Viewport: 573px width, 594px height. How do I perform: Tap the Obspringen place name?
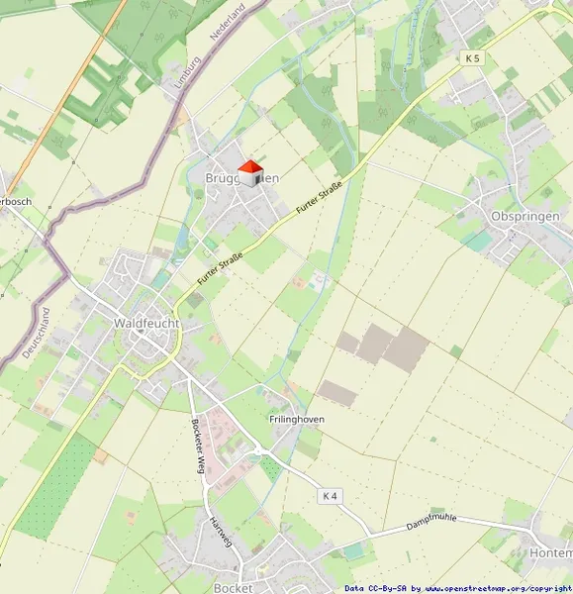(x=525, y=216)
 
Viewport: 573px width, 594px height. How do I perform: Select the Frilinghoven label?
(x=297, y=419)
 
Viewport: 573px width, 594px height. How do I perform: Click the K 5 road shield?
(x=472, y=59)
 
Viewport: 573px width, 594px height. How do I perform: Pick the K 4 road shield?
(x=331, y=495)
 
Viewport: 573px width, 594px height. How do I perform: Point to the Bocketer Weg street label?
(x=198, y=446)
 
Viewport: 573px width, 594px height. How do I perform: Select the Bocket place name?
(x=233, y=587)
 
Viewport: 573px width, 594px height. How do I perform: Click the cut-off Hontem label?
(x=551, y=552)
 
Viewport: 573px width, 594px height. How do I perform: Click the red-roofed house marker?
(x=249, y=173)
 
